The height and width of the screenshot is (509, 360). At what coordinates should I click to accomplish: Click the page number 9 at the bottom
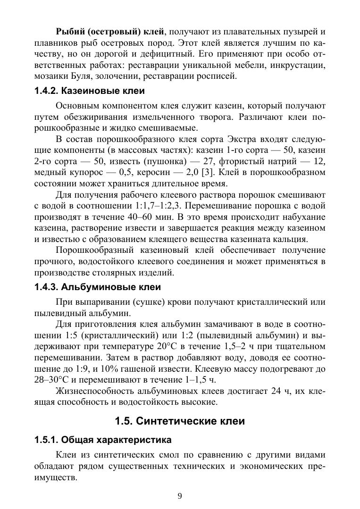[x=180, y=495]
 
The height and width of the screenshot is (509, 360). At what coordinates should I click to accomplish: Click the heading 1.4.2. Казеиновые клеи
[x=89, y=91]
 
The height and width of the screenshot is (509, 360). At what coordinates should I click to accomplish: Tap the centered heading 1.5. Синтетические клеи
[x=180, y=421]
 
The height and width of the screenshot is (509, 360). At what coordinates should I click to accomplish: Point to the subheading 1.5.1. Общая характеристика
[x=103, y=441]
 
